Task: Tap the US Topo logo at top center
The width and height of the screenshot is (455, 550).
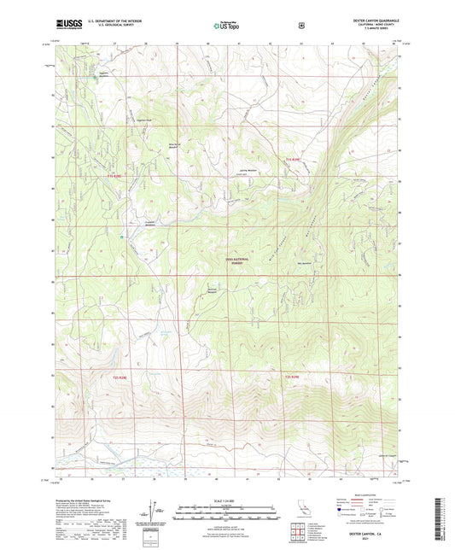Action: pos(225,26)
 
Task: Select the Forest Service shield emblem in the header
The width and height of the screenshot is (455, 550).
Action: pos(300,26)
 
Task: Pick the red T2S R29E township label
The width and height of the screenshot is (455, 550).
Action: pos(292,377)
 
